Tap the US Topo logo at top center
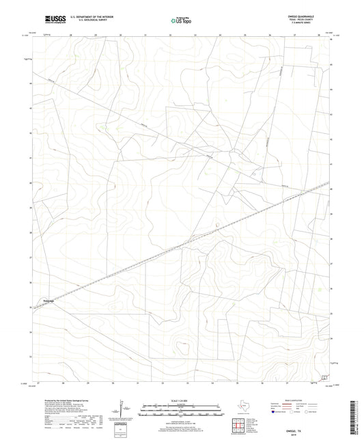(x=181, y=20)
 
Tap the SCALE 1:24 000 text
(x=181, y=400)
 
